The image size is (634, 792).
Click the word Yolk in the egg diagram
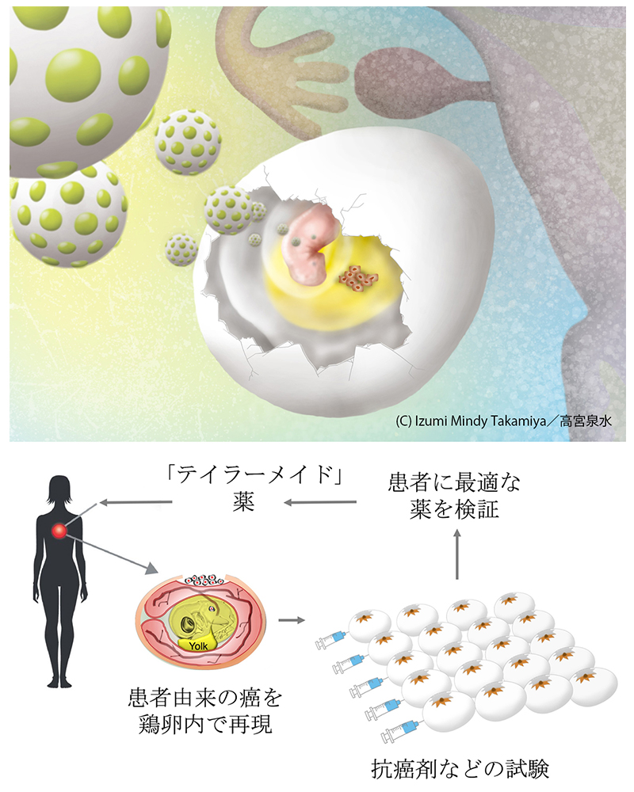pos(198,646)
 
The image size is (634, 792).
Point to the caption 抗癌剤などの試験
pos(460,769)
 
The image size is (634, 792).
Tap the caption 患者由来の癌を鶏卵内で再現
pos(204,712)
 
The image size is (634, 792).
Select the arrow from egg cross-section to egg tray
pos(292,620)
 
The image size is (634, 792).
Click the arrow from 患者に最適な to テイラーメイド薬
pos(320,503)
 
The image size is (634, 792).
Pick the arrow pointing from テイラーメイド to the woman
pos(136,503)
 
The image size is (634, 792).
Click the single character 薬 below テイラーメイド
pos(243,503)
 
